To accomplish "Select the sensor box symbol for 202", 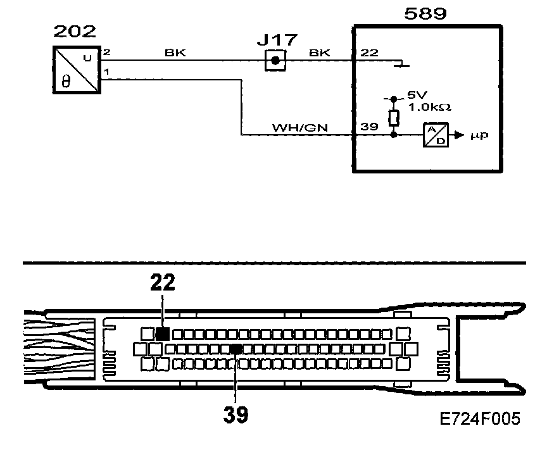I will pyautogui.click(x=74, y=71).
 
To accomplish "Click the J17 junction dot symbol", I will pyautogui.click(x=274, y=62).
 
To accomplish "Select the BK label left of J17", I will pyautogui.click(x=175, y=54).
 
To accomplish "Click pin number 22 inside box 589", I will pyautogui.click(x=368, y=54).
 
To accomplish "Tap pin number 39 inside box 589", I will pyautogui.click(x=368, y=127).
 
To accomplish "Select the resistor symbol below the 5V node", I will pyautogui.click(x=394, y=118).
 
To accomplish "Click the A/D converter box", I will pyautogui.click(x=434, y=135).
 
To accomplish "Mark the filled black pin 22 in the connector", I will pyautogui.click(x=163, y=334).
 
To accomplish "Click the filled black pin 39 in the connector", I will pyautogui.click(x=236, y=349).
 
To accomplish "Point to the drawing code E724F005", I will pyautogui.click(x=479, y=419).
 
